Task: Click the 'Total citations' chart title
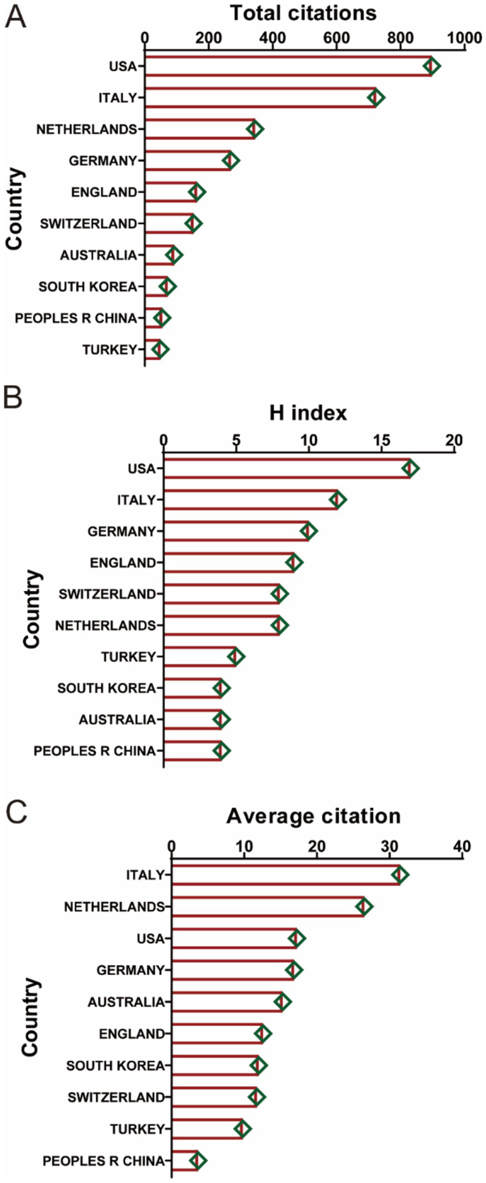[x=303, y=13]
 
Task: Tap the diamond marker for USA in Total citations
[x=431, y=66]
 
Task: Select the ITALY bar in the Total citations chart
[x=261, y=97]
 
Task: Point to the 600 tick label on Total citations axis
[x=336, y=38]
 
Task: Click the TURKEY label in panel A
[x=109, y=350]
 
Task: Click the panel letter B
[x=13, y=397]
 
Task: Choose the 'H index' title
[x=308, y=413]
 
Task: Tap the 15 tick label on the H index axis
[x=381, y=441]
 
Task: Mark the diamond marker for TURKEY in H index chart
[x=235, y=657]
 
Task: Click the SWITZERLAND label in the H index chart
[x=107, y=594]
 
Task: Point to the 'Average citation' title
[x=314, y=816]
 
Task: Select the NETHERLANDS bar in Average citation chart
[x=268, y=907]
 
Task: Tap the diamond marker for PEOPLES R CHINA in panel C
[x=198, y=1161]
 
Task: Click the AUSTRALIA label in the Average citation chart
[x=126, y=1002]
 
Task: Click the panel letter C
[x=17, y=812]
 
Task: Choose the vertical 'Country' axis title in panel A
[x=14, y=208]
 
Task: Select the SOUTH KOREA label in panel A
[x=88, y=287]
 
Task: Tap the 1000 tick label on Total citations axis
[x=464, y=38]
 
